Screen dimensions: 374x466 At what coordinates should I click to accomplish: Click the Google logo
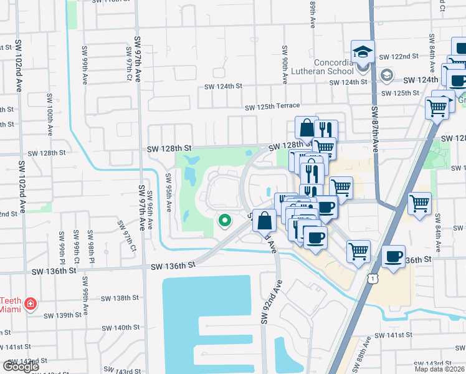pyautogui.click(x=21, y=367)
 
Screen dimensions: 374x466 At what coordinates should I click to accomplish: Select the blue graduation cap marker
pyautogui.click(x=362, y=52)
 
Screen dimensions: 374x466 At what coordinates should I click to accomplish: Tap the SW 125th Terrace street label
pyautogui.click(x=272, y=107)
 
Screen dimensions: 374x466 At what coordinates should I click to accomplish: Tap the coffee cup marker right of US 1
pyautogui.click(x=392, y=256)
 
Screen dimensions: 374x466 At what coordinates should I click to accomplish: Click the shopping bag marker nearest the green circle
pyautogui.click(x=264, y=221)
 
